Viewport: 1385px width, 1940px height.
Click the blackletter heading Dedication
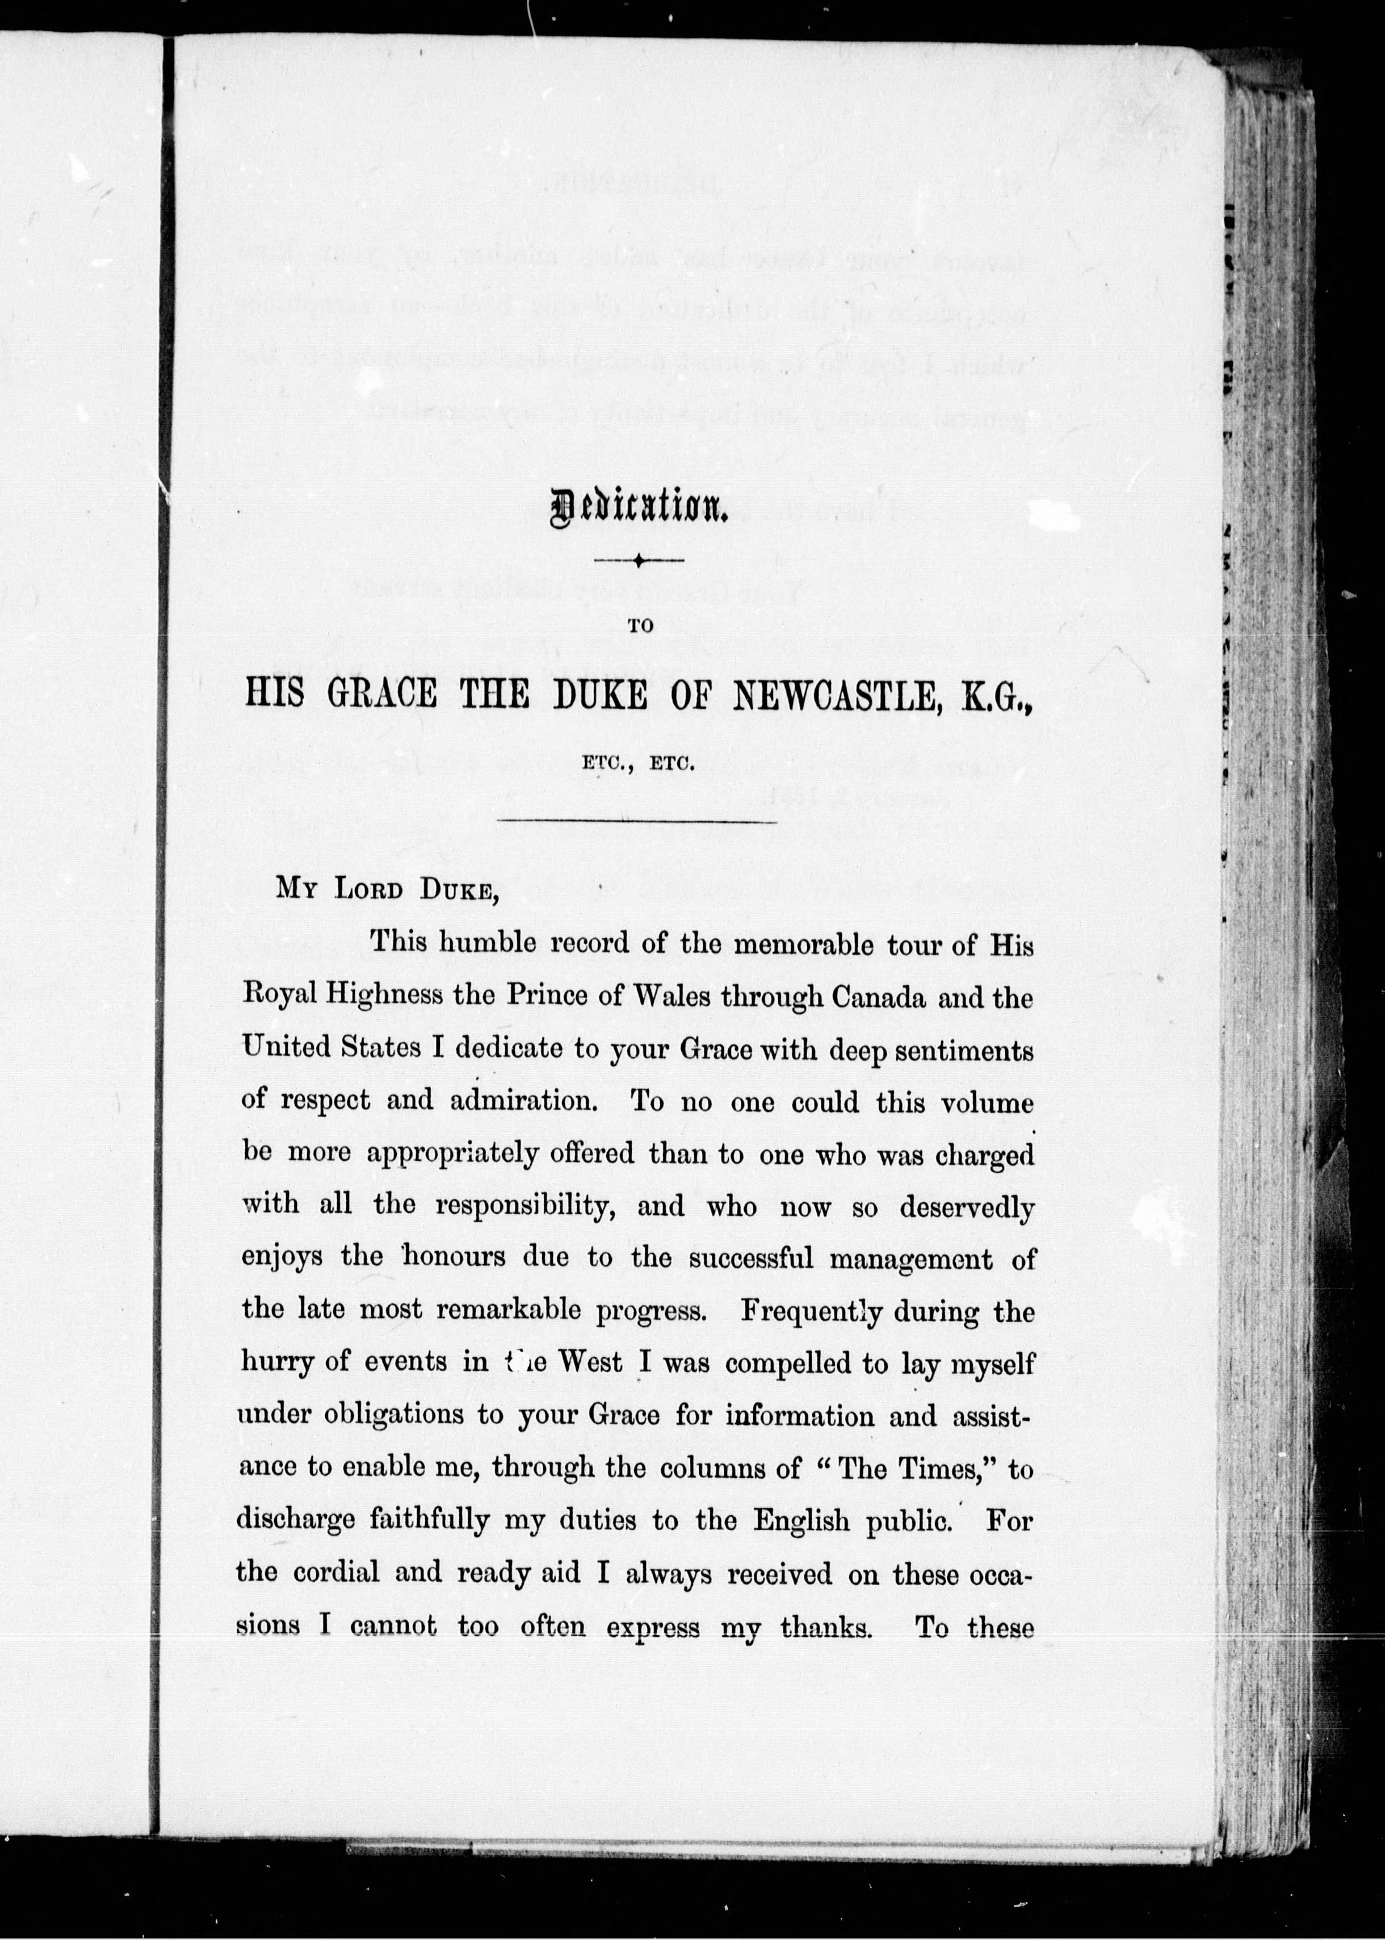tap(638, 510)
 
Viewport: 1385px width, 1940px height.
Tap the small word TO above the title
tap(640, 625)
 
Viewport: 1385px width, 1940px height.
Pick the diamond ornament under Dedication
tap(638, 561)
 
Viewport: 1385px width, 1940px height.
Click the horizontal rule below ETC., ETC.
tap(636, 822)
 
